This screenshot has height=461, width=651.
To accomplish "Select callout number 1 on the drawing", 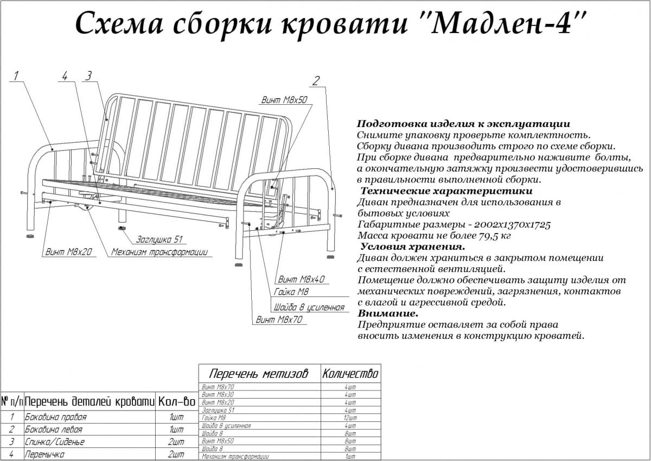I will (17, 76).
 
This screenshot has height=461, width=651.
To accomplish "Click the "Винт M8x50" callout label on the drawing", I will (284, 100).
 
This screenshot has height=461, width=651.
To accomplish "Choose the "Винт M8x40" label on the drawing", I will (301, 280).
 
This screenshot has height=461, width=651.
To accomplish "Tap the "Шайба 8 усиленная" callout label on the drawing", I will (309, 307).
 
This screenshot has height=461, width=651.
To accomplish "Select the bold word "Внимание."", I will (388, 314).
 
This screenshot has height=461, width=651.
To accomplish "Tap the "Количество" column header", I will (350, 374).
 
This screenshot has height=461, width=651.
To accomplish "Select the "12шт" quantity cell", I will (350, 418).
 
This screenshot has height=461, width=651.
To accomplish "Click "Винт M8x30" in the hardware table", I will (218, 395).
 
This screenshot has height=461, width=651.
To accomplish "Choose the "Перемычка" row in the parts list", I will (44, 454).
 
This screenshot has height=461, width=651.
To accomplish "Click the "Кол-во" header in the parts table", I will (176, 402).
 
